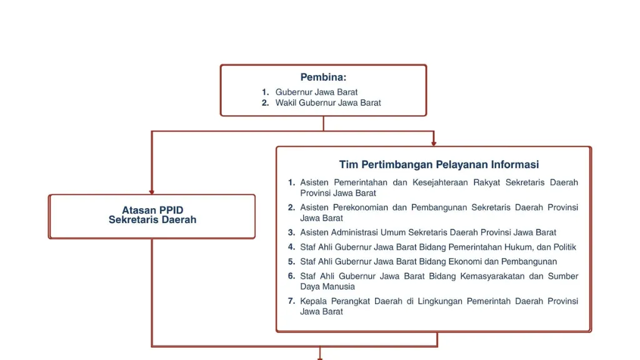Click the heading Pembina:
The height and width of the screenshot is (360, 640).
point(323,77)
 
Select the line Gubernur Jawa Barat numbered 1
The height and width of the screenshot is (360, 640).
point(316,92)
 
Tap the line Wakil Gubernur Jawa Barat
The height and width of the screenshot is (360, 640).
point(327,103)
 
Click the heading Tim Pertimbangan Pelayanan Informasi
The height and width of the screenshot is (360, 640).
point(439,164)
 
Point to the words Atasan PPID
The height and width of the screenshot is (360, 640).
point(152,210)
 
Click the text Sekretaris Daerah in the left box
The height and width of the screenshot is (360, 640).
point(152,219)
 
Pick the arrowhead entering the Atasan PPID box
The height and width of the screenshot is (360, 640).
point(152,192)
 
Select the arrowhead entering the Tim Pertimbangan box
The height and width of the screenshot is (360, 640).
point(434,143)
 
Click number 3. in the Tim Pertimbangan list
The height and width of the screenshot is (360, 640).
point(291,232)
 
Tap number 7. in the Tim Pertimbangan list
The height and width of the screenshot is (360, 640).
point(291,301)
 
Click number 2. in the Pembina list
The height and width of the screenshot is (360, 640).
point(265,103)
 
